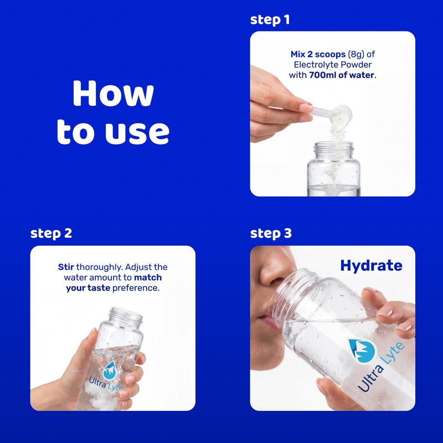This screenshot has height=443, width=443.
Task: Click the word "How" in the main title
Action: point(113,93)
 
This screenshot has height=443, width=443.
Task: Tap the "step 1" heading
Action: point(270,20)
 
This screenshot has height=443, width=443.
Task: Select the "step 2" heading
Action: point(51,234)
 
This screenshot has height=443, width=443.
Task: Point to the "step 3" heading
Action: point(271,234)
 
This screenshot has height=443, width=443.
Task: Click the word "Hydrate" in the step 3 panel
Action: point(371,266)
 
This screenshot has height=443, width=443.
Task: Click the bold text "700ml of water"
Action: point(342,75)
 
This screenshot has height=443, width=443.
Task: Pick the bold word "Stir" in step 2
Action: point(66,267)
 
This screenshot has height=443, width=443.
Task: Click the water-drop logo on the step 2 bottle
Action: point(110,370)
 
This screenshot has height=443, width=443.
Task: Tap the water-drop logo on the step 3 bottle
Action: point(362,351)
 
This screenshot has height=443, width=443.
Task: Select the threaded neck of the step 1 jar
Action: point(334,150)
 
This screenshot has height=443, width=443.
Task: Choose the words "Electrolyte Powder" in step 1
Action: point(333,65)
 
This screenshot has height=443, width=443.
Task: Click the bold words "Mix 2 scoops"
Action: point(318,54)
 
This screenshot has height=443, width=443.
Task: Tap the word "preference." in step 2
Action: point(136,288)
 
